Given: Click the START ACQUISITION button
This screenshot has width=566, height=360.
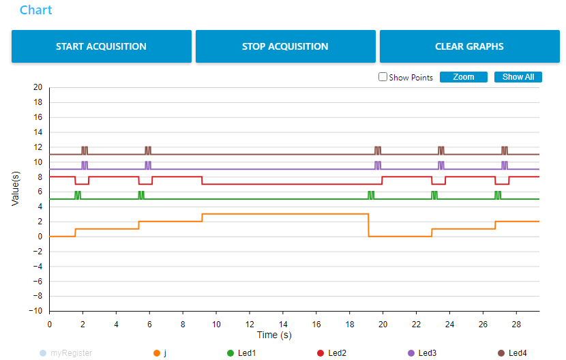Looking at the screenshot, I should click(101, 46).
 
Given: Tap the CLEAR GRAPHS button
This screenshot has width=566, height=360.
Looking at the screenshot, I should click(469, 46).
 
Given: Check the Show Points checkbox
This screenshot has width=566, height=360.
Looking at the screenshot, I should click(383, 77).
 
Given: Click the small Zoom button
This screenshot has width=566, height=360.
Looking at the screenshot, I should click(463, 77).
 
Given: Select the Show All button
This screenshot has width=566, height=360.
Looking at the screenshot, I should click(518, 77).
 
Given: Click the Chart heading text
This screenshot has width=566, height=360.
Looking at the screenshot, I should click(36, 10).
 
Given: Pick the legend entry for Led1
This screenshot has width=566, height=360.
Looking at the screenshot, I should click(243, 353).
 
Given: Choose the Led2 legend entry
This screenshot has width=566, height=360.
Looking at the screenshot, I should click(334, 353).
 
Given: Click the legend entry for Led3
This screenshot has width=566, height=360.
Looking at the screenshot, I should click(425, 353).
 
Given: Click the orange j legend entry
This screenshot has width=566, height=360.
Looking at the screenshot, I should click(161, 353).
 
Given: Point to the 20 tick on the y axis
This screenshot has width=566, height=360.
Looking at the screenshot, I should click(38, 87).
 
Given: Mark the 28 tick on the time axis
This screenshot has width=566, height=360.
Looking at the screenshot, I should click(517, 323).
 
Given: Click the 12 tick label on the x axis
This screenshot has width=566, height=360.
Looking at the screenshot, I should click(250, 323).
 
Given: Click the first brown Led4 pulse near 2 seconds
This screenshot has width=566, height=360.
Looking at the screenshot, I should click(85, 150).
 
